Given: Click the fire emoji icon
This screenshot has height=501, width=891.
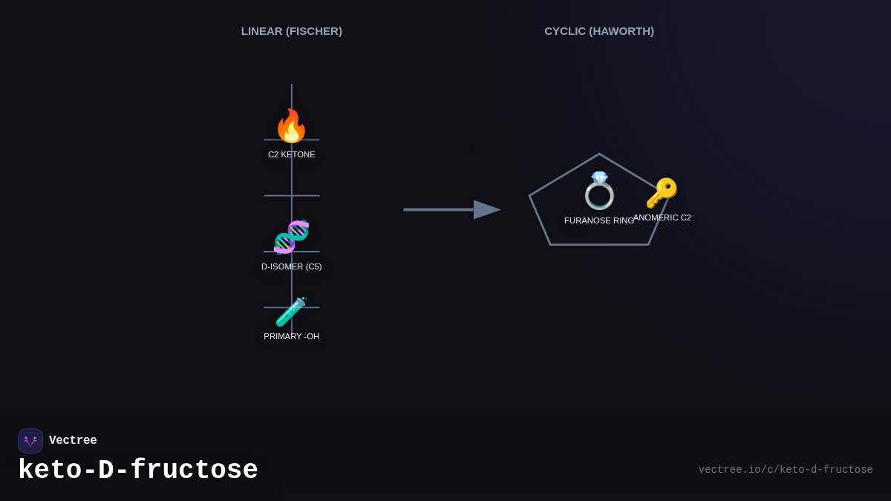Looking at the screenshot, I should [x=291, y=126].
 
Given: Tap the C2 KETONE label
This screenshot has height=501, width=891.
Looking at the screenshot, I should [x=291, y=154].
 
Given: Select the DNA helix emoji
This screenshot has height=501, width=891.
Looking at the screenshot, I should [x=291, y=238].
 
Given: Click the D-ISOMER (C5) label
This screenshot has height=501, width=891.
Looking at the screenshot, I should [x=291, y=266].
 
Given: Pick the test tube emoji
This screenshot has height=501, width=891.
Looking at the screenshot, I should [x=291, y=312].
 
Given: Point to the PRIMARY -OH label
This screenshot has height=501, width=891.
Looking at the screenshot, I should [x=291, y=336].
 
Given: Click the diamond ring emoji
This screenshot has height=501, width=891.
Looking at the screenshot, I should [x=599, y=191].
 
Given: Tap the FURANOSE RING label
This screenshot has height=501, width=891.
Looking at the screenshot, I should [x=598, y=220].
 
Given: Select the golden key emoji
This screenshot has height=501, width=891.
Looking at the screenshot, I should [x=662, y=193].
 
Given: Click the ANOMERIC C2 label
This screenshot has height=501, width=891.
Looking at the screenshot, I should [x=662, y=217].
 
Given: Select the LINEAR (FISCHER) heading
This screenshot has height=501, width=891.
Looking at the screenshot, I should [x=291, y=31].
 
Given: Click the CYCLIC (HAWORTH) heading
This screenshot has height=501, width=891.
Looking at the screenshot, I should [x=599, y=31].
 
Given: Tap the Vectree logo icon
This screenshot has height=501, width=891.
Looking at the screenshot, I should [x=30, y=441].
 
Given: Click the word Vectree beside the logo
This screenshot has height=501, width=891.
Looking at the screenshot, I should [x=73, y=441].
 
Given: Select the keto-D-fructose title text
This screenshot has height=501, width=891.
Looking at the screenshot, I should [x=138, y=471].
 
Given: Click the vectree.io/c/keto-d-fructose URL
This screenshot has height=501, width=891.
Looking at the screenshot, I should [x=786, y=470].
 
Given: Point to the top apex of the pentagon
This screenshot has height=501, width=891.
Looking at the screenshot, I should [x=599, y=154].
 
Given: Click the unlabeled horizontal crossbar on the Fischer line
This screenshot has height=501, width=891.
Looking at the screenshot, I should [x=291, y=196].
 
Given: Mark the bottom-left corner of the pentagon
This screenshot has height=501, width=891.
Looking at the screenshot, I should [x=550, y=244].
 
